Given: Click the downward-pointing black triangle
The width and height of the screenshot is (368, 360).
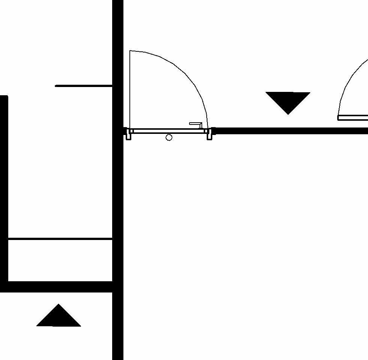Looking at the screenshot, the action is click(x=288, y=100).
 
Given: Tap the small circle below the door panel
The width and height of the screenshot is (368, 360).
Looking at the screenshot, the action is click(x=169, y=138).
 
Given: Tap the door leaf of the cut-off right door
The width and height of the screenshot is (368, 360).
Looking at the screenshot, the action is click(x=353, y=118).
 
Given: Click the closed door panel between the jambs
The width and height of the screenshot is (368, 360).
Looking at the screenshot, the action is click(x=169, y=131).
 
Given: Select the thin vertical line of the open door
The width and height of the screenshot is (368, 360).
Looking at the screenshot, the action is click(x=130, y=90).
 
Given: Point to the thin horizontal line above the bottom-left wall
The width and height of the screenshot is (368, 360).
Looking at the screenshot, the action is click(x=60, y=238).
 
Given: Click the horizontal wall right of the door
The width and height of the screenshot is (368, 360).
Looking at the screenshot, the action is click(x=289, y=131).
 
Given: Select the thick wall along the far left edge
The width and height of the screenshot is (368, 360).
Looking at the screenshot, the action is click(x=4, y=187).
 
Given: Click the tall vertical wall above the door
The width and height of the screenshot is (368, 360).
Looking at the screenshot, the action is click(x=118, y=56).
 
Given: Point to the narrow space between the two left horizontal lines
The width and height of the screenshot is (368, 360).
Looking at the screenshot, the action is click(x=60, y=259).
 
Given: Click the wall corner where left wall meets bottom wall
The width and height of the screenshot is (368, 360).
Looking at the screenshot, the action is click(x=4, y=286).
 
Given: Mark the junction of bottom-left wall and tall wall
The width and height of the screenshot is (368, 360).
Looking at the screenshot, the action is click(x=118, y=286).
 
